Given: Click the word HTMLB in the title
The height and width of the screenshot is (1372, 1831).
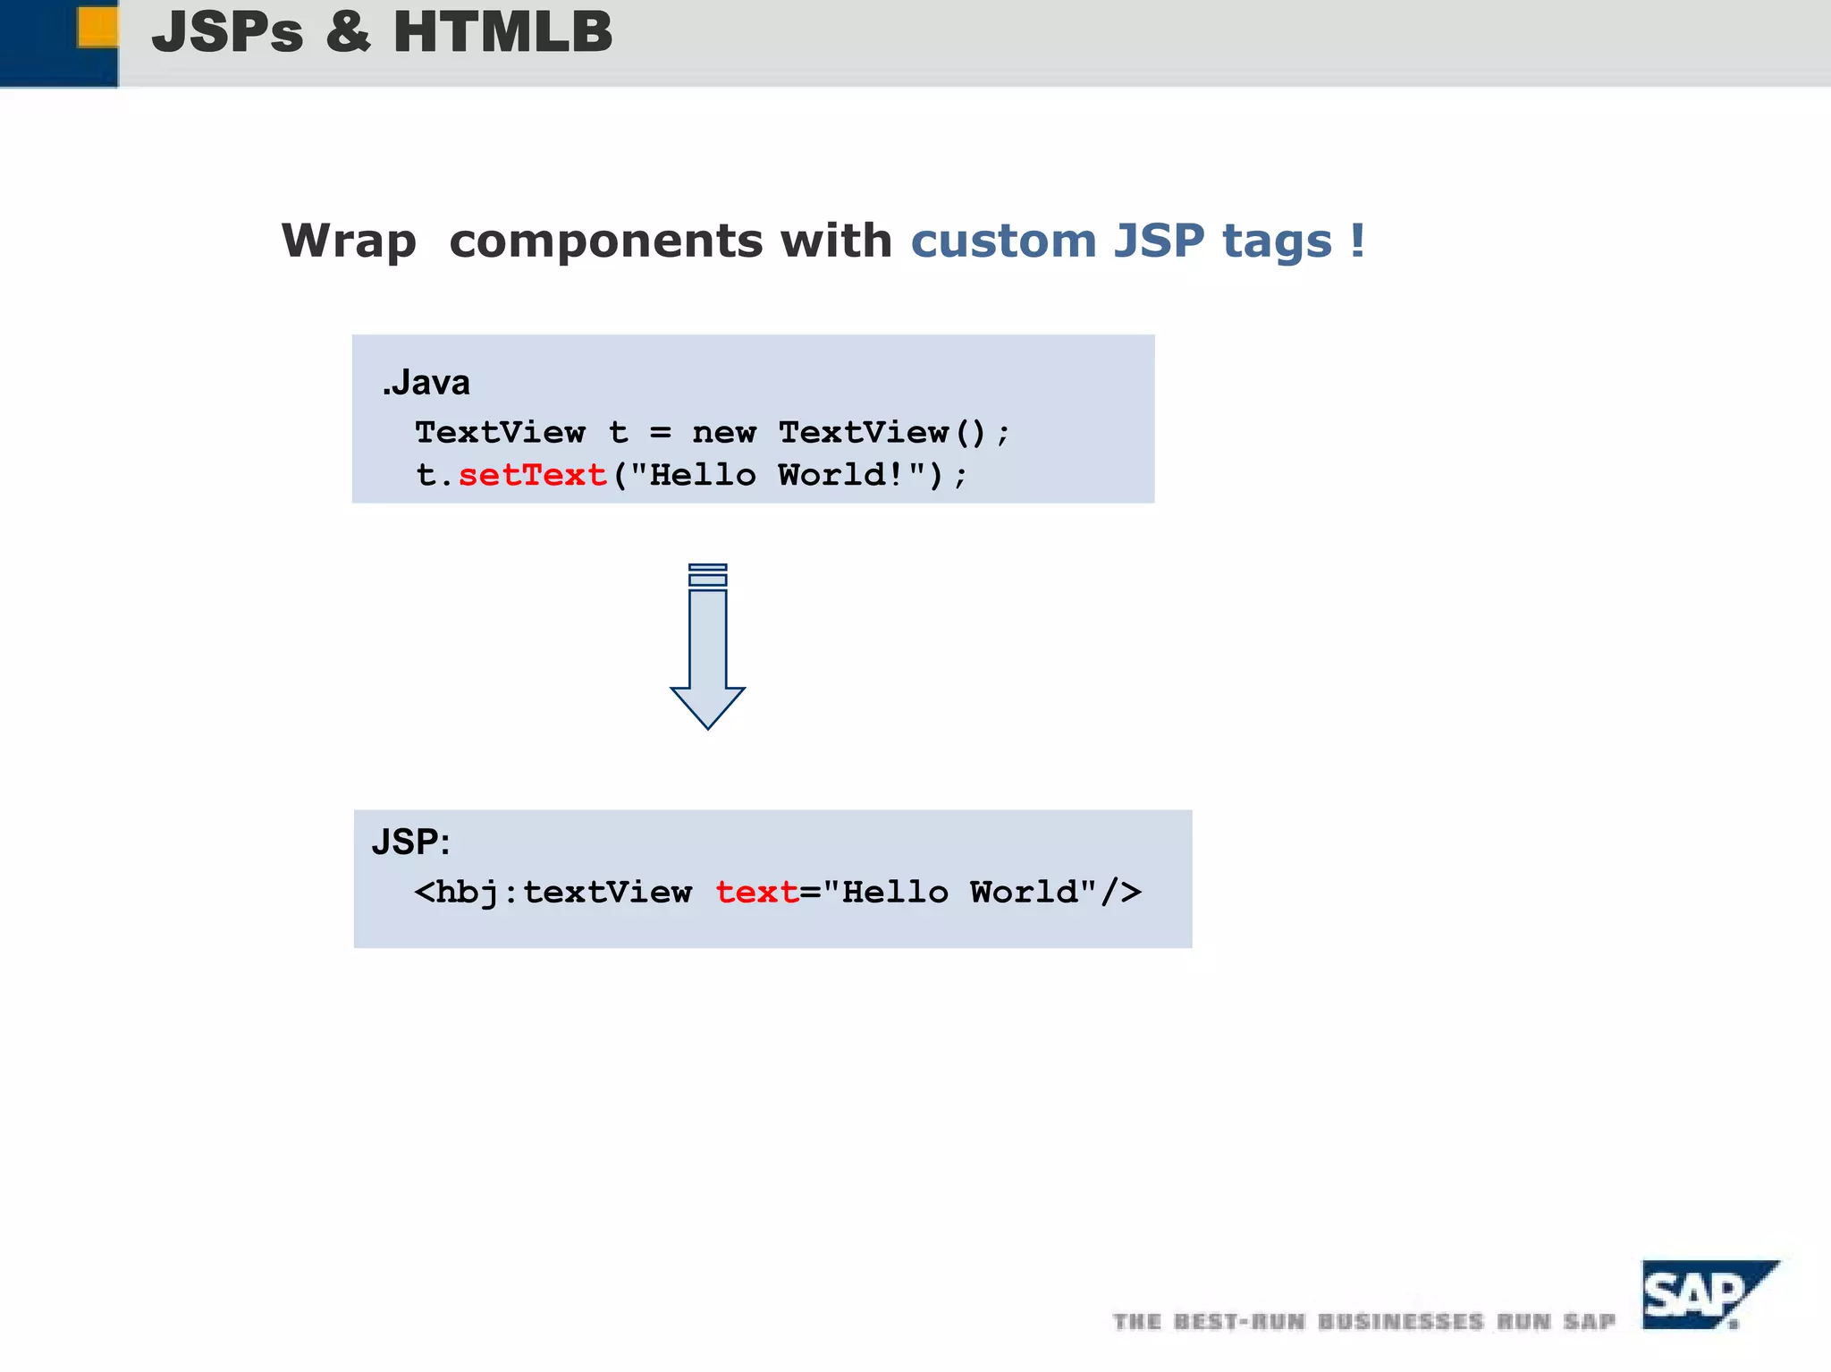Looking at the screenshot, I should coord(502,32).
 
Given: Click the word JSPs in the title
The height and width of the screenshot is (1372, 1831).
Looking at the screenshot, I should coord(228,32).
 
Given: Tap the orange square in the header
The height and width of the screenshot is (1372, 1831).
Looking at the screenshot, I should coord(97,26).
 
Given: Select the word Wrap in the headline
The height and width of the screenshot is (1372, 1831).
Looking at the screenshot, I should coord(349,241).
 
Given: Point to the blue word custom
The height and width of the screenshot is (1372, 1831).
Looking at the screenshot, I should coord(1003,241).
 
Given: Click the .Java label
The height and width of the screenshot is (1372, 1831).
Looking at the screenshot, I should coord(426,383).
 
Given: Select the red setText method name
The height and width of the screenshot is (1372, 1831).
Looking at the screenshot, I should coord(533,475).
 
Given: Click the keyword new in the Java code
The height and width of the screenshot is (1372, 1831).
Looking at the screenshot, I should coord(724,433).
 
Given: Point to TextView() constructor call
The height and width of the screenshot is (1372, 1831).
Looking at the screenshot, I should coord(882,433).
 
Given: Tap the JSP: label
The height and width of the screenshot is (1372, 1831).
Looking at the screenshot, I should coord(410,842).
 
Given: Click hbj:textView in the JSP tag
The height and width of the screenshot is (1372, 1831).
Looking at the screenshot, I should coord(563,893).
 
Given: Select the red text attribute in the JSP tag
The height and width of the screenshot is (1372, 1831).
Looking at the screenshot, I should coord(756,893).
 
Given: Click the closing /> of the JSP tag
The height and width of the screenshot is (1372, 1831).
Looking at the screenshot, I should coord(1121,893).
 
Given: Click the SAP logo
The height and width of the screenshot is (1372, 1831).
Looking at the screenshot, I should coord(1702,1295).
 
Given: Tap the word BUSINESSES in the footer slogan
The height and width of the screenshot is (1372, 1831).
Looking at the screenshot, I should coord(1400,1322).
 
